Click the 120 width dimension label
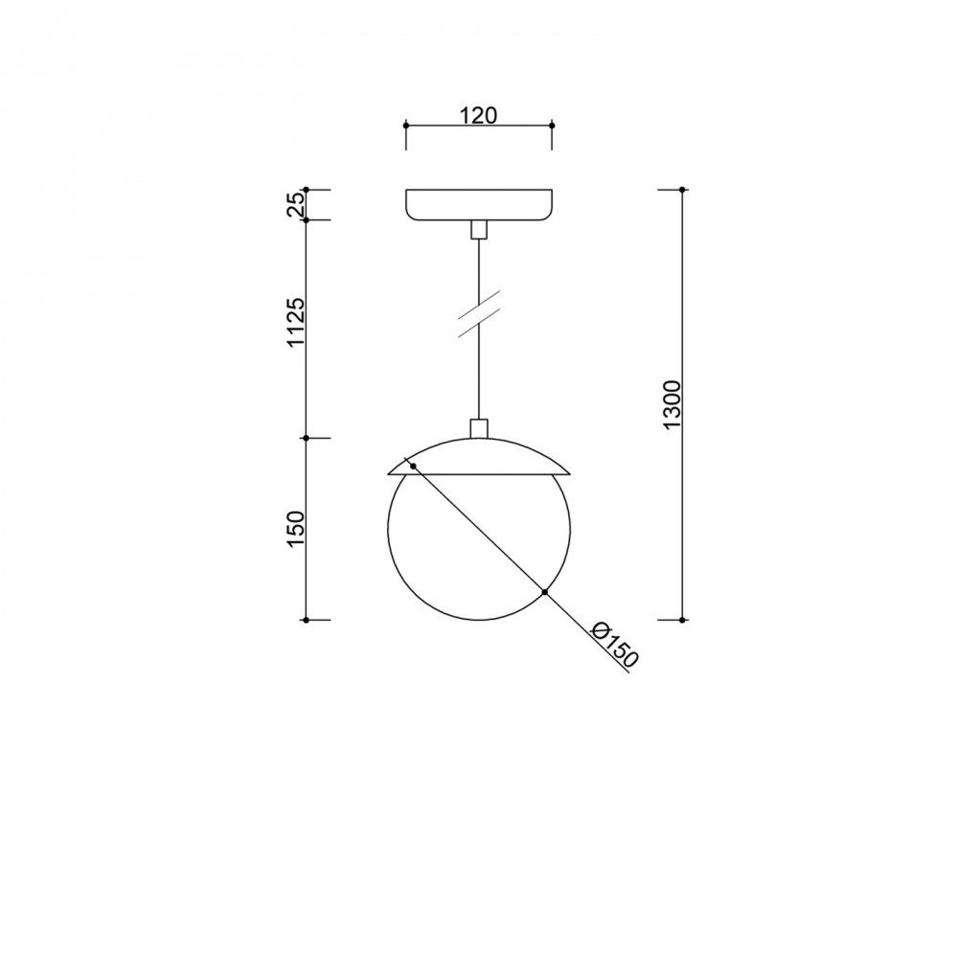[x=478, y=115]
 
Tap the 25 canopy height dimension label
[x=296, y=205]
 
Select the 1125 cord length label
[x=296, y=322]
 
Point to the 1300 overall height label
[x=673, y=404]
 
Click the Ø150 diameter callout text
[x=615, y=644]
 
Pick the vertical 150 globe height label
[x=296, y=529]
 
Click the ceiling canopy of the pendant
[x=480, y=205]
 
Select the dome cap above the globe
[x=480, y=456]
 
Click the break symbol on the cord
[x=480, y=313]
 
